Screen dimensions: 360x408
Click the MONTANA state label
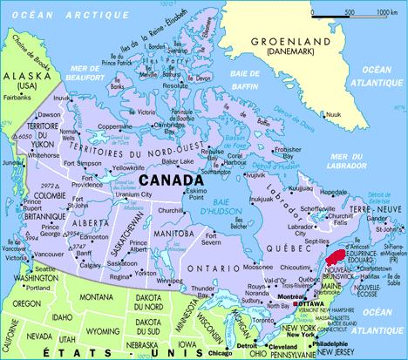point(90,297)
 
